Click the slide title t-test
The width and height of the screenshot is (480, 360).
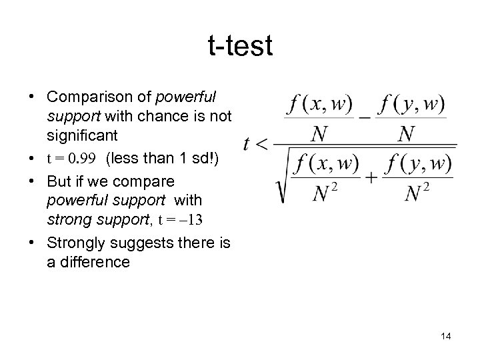[240, 46]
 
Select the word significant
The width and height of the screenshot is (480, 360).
[82, 135]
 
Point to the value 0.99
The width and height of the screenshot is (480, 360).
[85, 160]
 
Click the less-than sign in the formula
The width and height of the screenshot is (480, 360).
[263, 143]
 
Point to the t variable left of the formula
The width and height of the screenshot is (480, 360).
[247, 143]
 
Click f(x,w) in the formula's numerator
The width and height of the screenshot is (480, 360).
[319, 105]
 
